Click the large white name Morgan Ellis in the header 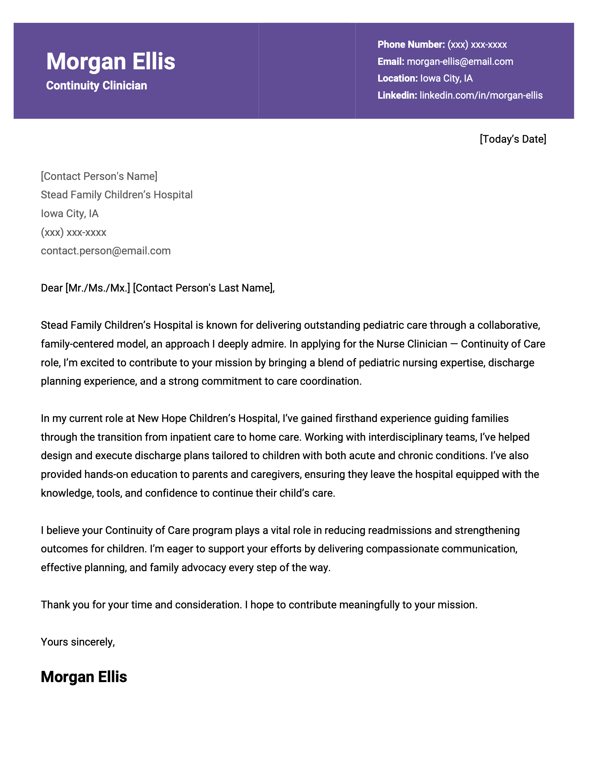click(110, 61)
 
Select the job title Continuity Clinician click(96, 86)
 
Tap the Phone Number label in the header click(411, 44)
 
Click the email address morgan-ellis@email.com click(460, 61)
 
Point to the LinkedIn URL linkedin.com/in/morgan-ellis click(481, 95)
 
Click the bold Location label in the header click(397, 78)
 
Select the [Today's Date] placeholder click(513, 139)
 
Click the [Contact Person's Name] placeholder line click(99, 176)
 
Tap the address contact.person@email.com click(106, 251)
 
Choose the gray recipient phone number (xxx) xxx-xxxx click(73, 232)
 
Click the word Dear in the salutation click(52, 288)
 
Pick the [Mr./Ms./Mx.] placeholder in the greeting click(98, 288)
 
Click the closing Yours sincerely click(78, 642)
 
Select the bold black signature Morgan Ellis click(84, 677)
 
